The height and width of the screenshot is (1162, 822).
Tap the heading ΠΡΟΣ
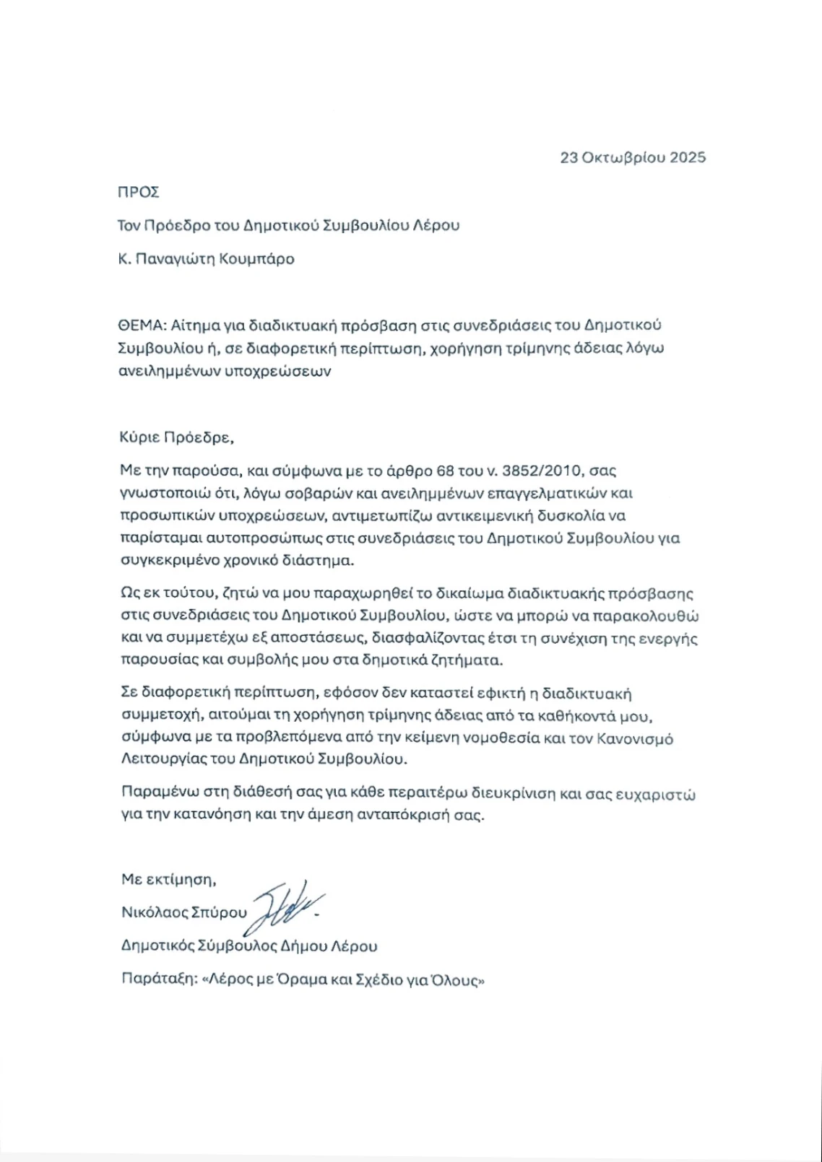(x=138, y=193)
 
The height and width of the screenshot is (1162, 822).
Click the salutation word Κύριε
(x=138, y=437)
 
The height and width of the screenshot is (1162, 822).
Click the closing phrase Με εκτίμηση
(x=168, y=880)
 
